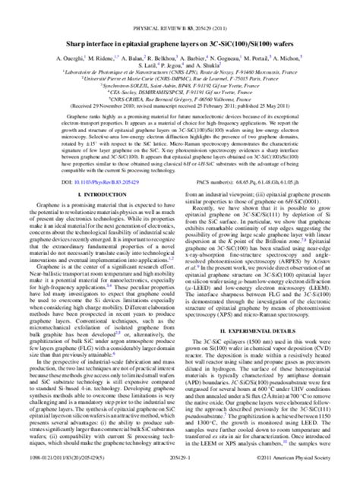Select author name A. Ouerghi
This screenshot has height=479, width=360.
(73, 58)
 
